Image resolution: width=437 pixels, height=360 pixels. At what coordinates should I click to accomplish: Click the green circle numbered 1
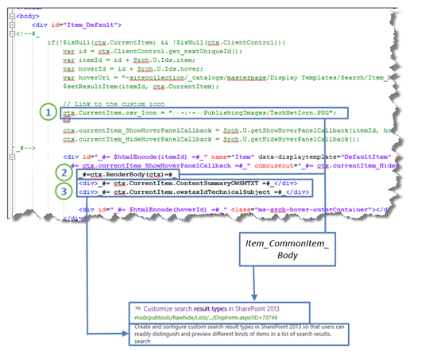pos(50,112)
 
